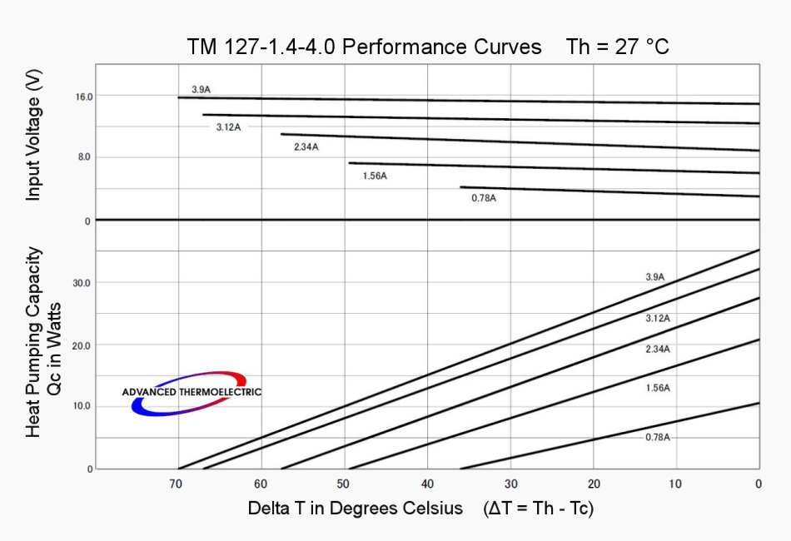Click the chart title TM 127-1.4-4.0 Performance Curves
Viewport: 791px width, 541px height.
[x=364, y=47]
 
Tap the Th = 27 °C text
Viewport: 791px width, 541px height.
[x=617, y=47]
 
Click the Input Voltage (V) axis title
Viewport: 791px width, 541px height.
[x=34, y=136]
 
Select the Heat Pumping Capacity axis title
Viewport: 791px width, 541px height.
[x=34, y=341]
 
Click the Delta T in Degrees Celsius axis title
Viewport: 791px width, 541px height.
[x=355, y=508]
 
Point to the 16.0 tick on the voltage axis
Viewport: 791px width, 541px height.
[x=84, y=97]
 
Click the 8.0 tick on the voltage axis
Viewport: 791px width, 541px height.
[x=84, y=157]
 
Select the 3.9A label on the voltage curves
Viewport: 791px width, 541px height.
[x=201, y=89]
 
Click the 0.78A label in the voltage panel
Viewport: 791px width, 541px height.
[x=484, y=198]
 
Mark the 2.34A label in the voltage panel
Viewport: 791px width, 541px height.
[x=306, y=147]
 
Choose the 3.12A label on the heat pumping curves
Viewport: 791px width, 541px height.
[x=658, y=319]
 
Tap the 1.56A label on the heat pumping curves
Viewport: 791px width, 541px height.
[x=658, y=388]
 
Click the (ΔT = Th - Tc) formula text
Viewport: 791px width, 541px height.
[x=538, y=508]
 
